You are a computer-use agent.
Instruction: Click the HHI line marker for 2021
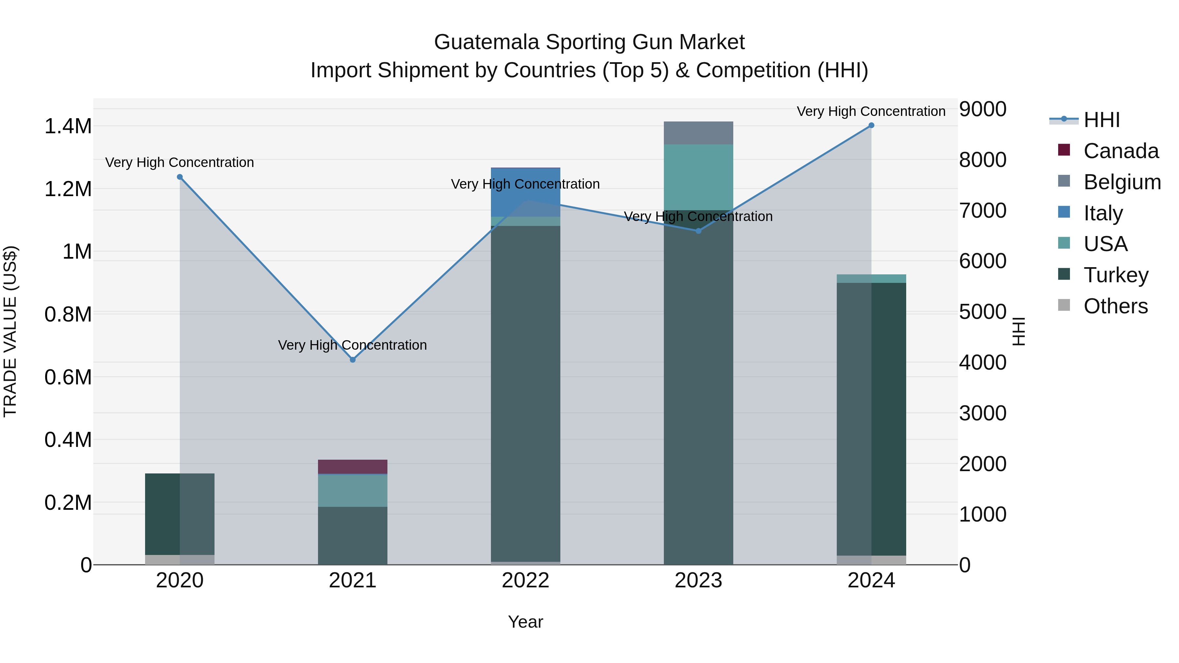352,359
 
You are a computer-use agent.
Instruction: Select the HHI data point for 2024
871,125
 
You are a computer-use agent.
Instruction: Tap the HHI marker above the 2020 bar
180,177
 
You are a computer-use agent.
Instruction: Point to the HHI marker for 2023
699,231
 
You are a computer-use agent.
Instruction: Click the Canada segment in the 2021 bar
352,467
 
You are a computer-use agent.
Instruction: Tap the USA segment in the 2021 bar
352,490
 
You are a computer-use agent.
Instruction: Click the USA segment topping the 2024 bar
871,279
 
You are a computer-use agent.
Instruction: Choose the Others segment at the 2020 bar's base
180,560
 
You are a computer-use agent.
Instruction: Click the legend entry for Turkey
1116,275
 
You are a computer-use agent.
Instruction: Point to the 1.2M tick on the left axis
68,189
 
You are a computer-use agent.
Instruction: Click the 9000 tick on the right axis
982,109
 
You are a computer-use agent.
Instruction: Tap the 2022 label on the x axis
525,580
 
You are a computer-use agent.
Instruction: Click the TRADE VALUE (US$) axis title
10,331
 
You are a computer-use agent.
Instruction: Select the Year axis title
525,622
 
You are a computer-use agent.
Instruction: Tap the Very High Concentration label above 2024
871,111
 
